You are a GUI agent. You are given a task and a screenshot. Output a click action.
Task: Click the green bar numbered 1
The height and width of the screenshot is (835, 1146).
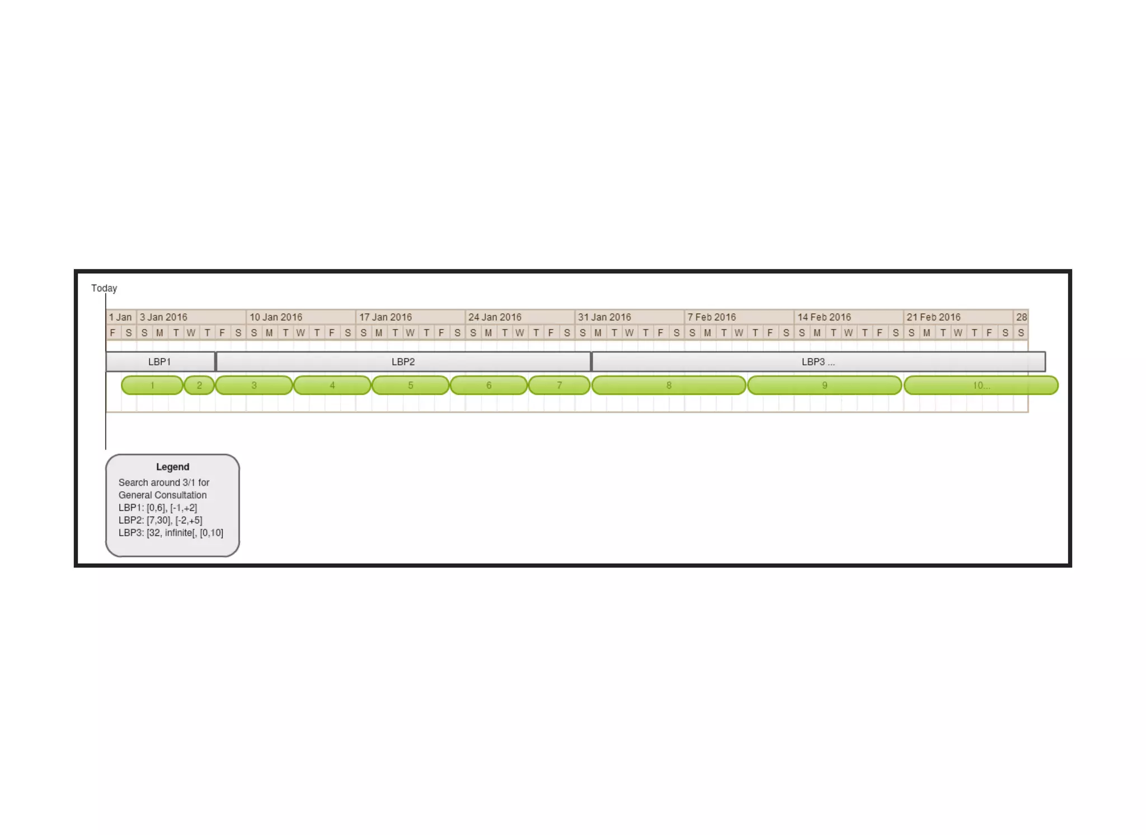[152, 385]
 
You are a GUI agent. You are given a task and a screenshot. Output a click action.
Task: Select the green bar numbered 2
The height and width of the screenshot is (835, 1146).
[199, 385]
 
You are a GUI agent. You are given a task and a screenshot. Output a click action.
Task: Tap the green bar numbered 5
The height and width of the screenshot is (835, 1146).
[410, 385]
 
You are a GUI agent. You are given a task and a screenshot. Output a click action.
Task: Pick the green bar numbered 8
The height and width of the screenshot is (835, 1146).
[669, 385]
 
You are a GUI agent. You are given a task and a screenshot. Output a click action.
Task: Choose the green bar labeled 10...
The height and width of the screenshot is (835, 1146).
[981, 385]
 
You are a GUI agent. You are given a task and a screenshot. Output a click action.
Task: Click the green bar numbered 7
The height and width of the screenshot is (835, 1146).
[559, 385]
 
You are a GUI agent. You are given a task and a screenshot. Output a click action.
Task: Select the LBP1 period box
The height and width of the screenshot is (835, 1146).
[160, 362]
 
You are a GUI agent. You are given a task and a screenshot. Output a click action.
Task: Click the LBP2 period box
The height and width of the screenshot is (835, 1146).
[403, 362]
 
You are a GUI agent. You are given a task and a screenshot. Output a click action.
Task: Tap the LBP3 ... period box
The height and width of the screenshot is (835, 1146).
[818, 362]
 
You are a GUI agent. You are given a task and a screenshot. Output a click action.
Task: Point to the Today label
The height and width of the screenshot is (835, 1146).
[104, 288]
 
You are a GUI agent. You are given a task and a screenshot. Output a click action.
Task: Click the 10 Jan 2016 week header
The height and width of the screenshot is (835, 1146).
[276, 317]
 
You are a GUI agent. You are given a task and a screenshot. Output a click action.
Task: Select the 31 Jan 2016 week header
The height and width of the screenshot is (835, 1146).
[604, 317]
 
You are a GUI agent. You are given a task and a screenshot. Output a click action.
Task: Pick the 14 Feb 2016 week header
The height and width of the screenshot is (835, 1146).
[824, 317]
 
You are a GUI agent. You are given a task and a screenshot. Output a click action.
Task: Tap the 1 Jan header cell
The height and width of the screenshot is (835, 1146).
[120, 317]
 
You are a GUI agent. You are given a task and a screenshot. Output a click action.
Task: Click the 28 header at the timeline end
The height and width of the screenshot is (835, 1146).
[1021, 317]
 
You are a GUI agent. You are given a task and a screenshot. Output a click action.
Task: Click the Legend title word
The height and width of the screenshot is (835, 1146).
[172, 467]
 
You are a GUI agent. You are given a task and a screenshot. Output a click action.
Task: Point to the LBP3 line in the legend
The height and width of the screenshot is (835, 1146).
[171, 533]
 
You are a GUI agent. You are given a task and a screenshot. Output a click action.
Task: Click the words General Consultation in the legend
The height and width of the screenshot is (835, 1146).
[162, 495]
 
